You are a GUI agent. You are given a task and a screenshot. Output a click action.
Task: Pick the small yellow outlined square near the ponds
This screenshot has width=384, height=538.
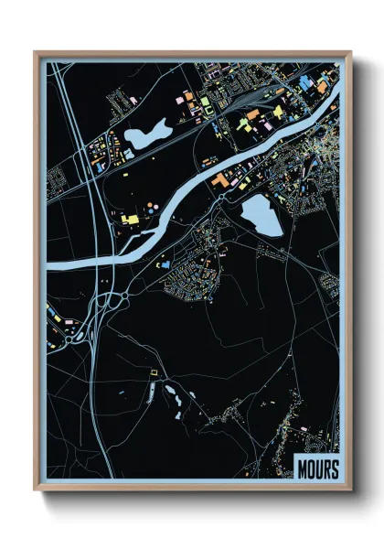[x=153, y=373]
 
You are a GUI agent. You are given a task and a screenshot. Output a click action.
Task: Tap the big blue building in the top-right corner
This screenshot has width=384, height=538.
[x=304, y=82]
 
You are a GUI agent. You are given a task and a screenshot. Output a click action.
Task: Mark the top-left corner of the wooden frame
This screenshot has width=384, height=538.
[x=35, y=52]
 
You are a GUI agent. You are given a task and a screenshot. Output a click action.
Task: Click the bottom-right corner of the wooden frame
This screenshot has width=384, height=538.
[x=351, y=491]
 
